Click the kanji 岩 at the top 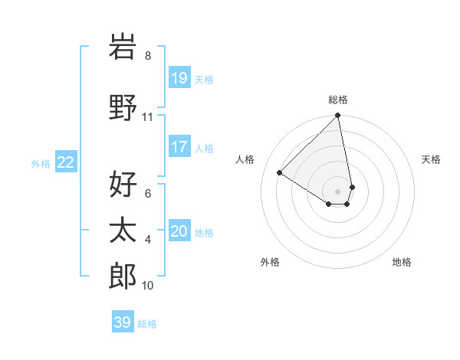coord(123,47)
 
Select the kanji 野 coord(123,107)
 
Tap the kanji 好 coord(123,185)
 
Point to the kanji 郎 coord(123,277)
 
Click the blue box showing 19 coord(179,77)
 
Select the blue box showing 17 coord(179,146)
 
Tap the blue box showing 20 coord(179,231)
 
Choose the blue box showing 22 coord(66,162)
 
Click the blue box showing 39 coord(123,322)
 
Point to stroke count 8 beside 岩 coord(148,56)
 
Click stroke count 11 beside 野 coord(148,117)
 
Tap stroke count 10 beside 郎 coord(148,286)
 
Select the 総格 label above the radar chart coord(338,100)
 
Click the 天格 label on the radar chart coord(432,159)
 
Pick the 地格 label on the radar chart coord(402,262)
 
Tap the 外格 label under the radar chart coord(270,262)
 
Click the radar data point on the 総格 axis coord(338,116)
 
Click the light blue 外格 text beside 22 coord(41,163)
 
